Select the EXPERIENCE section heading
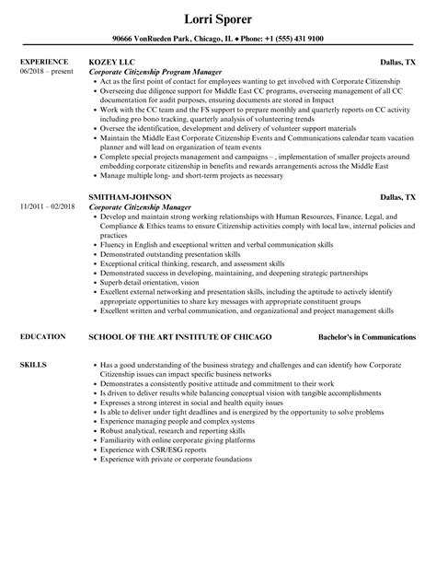(x=42, y=62)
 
